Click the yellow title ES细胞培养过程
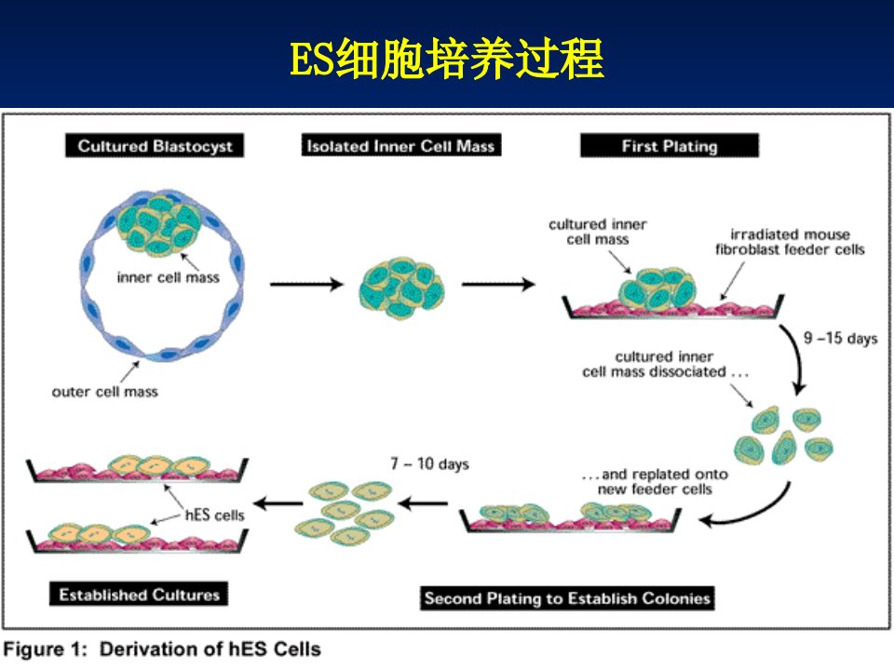pos(446,59)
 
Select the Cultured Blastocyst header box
pos(155,146)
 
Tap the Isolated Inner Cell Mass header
pos(400,146)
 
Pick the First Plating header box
pos(670,146)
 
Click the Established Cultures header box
pos(139,595)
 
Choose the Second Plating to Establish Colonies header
pos(567,598)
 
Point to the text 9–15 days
pos(840,339)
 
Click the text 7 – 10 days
pos(430,463)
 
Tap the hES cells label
pos(215,515)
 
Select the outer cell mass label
pos(105,392)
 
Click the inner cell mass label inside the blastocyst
pos(169,277)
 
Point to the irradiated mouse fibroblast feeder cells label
pos(790,242)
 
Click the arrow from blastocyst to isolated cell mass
pos(306,284)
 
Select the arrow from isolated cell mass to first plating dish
pos(498,284)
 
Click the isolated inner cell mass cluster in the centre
pos(402,288)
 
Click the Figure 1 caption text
pos(162,650)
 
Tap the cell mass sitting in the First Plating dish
pos(657,288)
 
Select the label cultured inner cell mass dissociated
pos(665,364)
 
